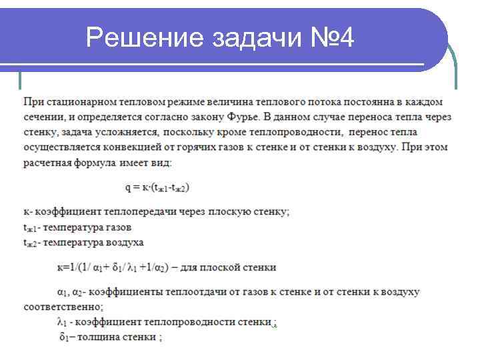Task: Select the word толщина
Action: tap(99, 337)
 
